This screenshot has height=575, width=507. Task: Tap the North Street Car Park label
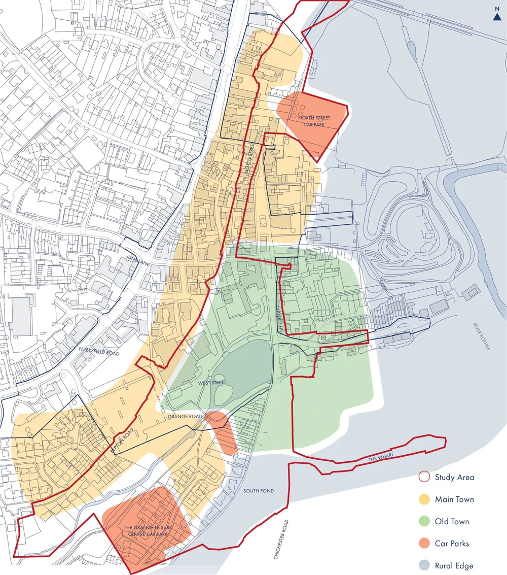point(310,121)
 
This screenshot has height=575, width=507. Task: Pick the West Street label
point(212,383)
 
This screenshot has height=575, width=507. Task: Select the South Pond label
point(258,491)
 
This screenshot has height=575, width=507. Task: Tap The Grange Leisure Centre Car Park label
point(148,531)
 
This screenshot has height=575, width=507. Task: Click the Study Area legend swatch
point(424,477)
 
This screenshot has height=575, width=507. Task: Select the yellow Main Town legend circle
point(424,499)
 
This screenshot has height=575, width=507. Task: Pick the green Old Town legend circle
point(424,521)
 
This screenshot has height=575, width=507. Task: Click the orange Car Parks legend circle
point(424,544)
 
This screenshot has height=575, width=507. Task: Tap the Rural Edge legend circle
point(424,565)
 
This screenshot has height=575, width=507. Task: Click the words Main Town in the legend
point(454,499)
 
